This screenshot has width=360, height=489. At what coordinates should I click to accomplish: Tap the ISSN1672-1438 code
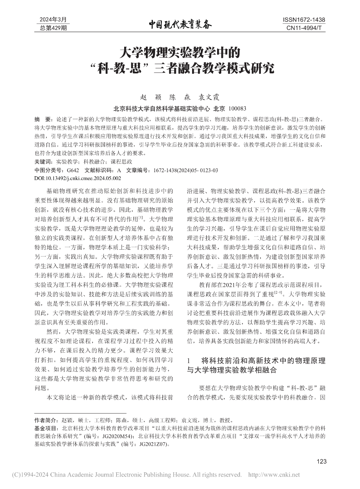(x=304, y=20)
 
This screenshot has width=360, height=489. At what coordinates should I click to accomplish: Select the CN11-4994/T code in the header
(x=304, y=28)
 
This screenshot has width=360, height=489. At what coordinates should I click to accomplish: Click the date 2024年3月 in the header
(x=53, y=20)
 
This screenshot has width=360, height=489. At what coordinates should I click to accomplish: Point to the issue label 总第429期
(x=53, y=28)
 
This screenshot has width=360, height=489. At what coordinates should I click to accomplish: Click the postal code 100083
(x=238, y=108)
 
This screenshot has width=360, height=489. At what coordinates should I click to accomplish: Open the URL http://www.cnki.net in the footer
(x=275, y=475)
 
